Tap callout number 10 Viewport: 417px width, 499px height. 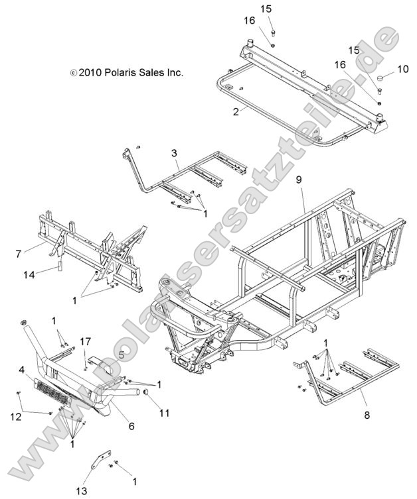click(x=403, y=69)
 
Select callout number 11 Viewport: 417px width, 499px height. click(x=164, y=413)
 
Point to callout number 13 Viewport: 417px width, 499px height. click(x=82, y=490)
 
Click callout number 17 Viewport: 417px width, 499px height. click(x=85, y=341)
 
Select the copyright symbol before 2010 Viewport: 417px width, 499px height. click(x=73, y=73)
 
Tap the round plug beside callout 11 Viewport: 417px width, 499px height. click(x=147, y=397)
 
